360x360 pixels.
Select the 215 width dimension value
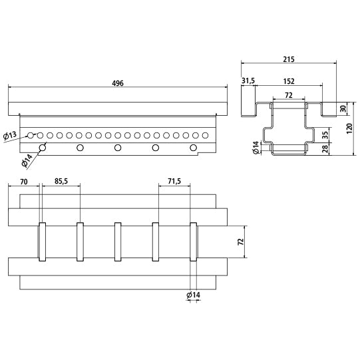(288, 60)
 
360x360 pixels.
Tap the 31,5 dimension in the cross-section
(248, 81)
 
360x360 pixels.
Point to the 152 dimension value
(289, 81)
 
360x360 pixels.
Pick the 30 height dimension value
(343, 108)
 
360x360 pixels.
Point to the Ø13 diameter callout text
(11, 136)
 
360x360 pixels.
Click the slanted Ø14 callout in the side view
(27, 160)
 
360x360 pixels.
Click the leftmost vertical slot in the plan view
(42, 242)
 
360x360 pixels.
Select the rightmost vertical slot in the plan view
(194, 242)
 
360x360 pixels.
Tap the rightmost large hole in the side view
(194, 148)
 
